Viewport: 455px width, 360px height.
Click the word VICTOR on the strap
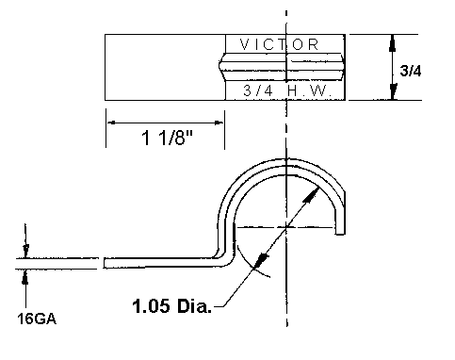pos(279,44)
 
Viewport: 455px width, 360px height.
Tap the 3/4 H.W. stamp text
pos(287,90)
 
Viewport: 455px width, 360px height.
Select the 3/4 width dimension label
pos(411,71)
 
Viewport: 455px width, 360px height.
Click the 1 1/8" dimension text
pos(167,138)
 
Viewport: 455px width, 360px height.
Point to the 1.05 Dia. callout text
pos(171,305)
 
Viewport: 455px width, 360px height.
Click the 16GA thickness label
pos(37,319)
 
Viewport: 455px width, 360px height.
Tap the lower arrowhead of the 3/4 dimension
pos(393,91)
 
